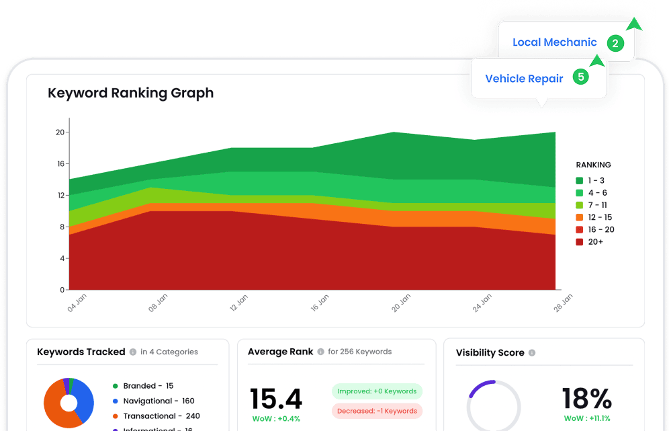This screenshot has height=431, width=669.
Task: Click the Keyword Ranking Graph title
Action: tap(130, 93)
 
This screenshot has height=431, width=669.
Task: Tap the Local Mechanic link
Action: tap(554, 42)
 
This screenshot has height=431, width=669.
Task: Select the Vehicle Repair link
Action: tap(524, 79)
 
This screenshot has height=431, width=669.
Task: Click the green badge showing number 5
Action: tap(581, 77)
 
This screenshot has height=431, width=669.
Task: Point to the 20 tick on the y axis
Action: tap(60, 132)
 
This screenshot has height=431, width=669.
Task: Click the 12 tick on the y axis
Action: tap(60, 196)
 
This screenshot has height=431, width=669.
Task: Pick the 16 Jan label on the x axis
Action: tap(320, 303)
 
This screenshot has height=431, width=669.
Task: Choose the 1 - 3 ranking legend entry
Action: tap(591, 181)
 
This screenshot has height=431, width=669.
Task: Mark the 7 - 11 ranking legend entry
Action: tap(592, 205)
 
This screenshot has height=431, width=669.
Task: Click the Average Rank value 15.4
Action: tap(275, 399)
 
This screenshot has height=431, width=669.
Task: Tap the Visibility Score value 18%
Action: tap(586, 399)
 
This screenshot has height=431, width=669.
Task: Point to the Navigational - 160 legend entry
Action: tap(159, 401)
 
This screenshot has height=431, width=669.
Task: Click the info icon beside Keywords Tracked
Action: tap(133, 352)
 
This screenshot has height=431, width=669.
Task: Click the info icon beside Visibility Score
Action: tap(532, 352)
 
